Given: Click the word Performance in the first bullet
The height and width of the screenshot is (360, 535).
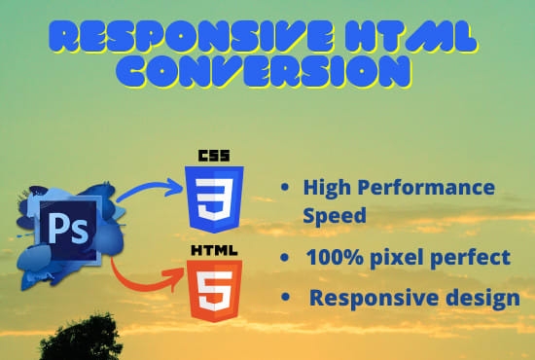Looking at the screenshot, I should pyautogui.click(x=435, y=187).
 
